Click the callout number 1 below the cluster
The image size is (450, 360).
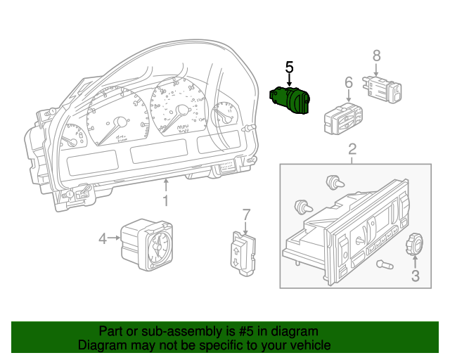pos(166,202)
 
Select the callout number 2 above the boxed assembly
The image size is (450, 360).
pos(352,148)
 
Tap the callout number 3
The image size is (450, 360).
pos(415,276)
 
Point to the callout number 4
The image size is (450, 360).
pos(103,239)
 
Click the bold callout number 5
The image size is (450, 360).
pos(289,67)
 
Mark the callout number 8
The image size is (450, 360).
pos(376,54)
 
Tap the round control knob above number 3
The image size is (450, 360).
pos(413,246)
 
